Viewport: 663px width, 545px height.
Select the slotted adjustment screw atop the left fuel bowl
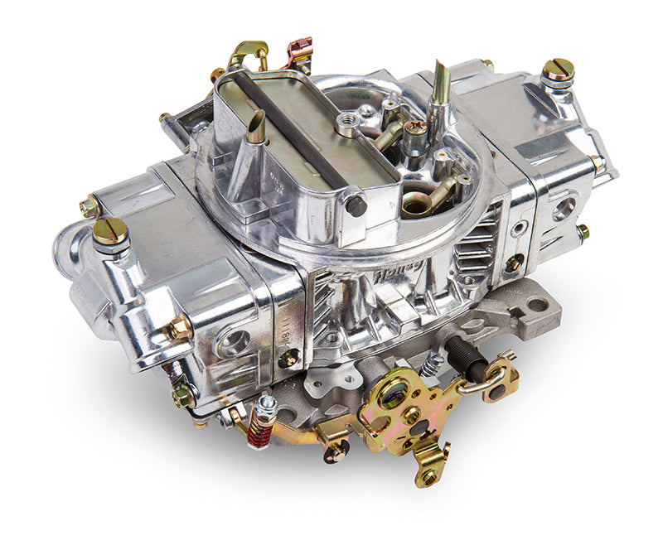coord(110,231)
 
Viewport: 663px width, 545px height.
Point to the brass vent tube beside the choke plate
coord(258,128)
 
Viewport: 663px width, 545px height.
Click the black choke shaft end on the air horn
coord(356,204)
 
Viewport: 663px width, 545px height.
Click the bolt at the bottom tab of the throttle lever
coord(429,475)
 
